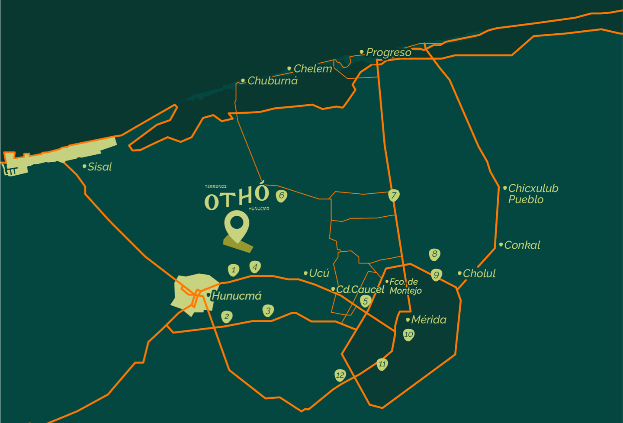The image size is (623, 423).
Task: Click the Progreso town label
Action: click(388, 52)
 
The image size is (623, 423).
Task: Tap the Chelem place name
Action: click(312, 69)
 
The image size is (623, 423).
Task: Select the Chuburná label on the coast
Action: click(272, 81)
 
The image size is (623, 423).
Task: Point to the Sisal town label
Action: click(100, 167)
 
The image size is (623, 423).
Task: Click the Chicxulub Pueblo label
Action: click(533, 194)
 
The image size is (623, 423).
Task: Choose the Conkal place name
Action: click(522, 245)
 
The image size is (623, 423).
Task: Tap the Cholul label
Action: click(479, 274)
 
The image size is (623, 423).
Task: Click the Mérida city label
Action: click(428, 320)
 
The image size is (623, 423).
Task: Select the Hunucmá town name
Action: click(236, 296)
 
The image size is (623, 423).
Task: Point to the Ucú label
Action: click(319, 273)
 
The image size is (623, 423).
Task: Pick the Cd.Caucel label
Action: click(360, 289)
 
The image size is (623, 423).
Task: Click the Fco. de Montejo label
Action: click(405, 286)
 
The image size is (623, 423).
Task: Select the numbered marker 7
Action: click(394, 195)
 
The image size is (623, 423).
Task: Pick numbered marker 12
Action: click(340, 375)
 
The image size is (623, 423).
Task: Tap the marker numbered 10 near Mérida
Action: click(408, 334)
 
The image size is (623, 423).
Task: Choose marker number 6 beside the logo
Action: click(281, 195)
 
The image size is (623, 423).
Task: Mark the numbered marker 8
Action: click(434, 254)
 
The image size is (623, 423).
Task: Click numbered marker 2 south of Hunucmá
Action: click(226, 317)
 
